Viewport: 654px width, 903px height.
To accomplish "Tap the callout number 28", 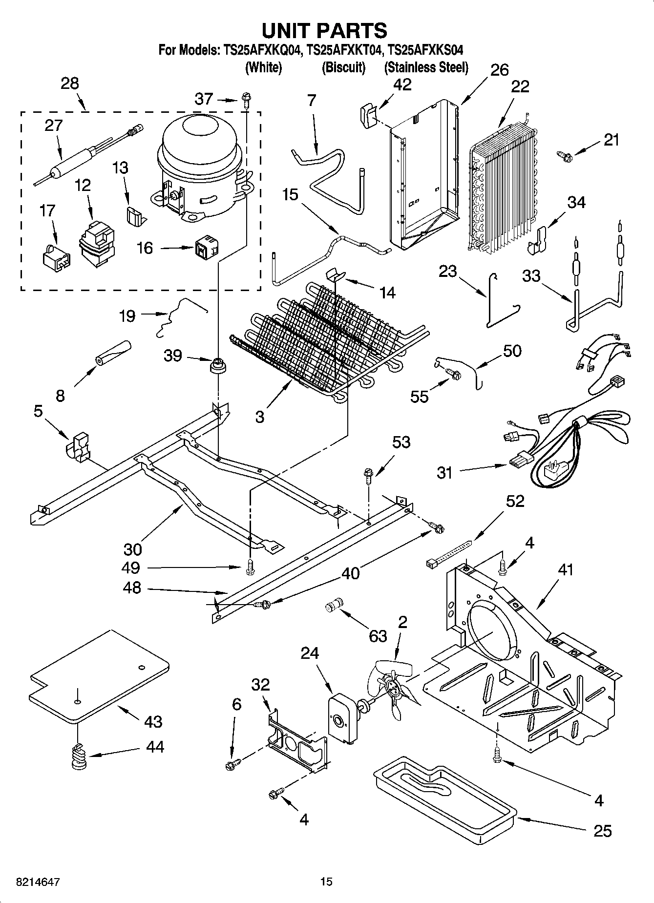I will pos(70,84).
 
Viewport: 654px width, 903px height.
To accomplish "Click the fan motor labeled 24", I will pos(342,721).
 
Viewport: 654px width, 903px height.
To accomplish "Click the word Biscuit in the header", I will pos(343,67).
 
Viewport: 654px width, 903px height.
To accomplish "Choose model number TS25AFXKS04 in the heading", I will pos(425,50).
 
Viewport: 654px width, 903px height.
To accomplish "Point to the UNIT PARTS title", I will pos(324,30).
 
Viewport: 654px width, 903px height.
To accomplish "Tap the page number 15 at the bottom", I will pos(326,882).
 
